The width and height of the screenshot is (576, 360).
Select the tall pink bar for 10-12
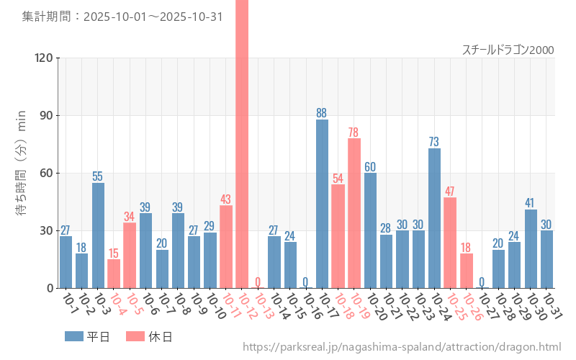242,144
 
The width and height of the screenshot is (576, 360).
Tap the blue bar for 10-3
98,235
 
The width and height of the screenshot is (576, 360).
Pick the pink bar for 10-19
354,213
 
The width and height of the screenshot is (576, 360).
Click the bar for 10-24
434,218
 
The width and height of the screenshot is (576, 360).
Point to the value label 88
322,113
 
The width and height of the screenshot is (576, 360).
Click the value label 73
434,142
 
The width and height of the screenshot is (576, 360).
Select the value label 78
354,132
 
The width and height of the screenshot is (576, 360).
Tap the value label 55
98,176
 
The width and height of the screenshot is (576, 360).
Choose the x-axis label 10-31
552,307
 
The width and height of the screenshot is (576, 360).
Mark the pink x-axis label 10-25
456,307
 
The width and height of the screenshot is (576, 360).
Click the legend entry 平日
87,336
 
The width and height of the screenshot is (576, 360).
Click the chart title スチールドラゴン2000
508,50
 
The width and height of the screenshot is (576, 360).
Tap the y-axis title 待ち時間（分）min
22,163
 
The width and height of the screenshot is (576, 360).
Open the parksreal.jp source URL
402,347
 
